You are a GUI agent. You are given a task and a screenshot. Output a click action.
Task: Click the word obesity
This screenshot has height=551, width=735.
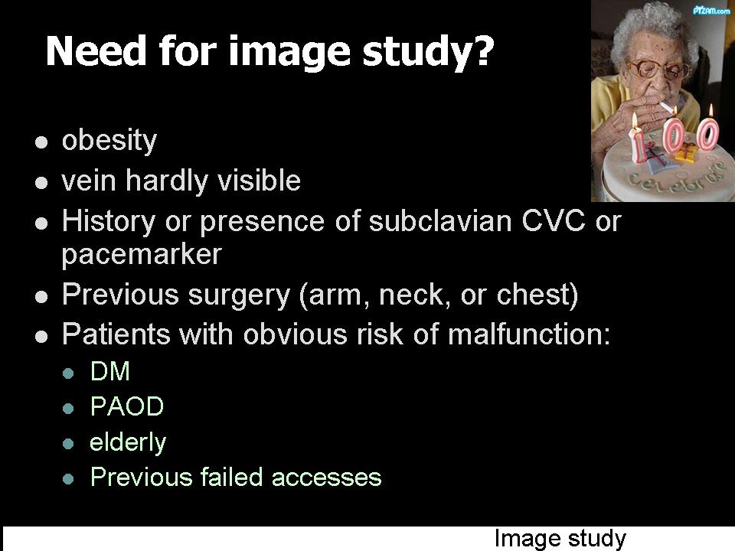(109, 141)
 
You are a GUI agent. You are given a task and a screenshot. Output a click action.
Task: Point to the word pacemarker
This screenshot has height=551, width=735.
(142, 255)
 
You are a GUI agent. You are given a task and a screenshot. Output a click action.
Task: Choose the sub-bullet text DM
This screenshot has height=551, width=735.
(109, 371)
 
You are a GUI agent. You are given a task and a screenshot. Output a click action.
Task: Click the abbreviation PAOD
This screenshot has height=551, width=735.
(126, 406)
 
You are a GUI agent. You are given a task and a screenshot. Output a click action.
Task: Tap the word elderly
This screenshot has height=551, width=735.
(128, 442)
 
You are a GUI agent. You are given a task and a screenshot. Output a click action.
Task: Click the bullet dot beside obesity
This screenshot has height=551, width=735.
(41, 142)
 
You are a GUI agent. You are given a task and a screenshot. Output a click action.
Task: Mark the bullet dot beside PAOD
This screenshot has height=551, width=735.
(68, 408)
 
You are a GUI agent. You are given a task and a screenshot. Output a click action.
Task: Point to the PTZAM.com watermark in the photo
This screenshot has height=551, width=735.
(710, 10)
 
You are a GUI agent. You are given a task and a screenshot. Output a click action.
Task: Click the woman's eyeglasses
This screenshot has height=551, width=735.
(658, 70)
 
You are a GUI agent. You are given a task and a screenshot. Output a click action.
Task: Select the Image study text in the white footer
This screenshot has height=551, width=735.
(560, 538)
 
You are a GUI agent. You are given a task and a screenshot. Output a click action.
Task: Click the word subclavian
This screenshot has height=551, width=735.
(440, 220)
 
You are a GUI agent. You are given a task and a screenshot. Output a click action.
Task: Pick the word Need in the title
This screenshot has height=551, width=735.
(96, 51)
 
